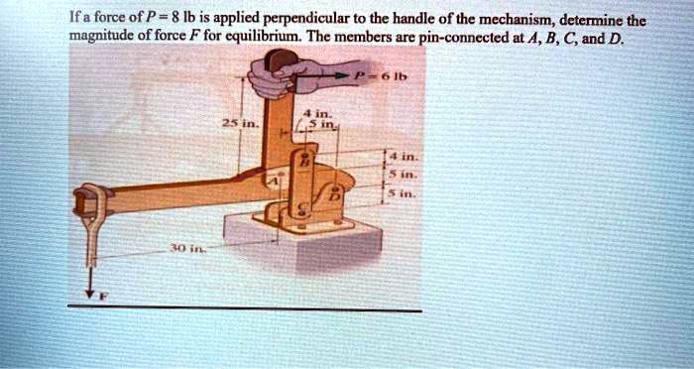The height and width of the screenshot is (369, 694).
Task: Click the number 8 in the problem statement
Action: pos(168,17)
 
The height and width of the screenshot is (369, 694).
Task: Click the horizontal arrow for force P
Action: pos(327,74)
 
